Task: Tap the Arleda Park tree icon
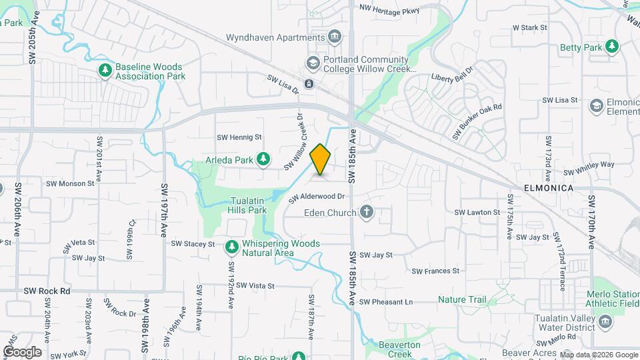pyautogui.click(x=264, y=159)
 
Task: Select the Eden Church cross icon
pyautogui.click(x=365, y=213)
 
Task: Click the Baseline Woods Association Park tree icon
pyautogui.click(x=104, y=71)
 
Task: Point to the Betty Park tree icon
pyautogui.click(x=611, y=47)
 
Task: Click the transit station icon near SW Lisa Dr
pyautogui.click(x=309, y=84)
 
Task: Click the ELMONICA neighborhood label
pyautogui.click(x=548, y=189)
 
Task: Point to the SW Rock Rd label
pyautogui.click(x=47, y=291)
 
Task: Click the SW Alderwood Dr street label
pyautogui.click(x=317, y=197)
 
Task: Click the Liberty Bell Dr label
pyautogui.click(x=452, y=74)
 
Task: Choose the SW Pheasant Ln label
pyautogui.click(x=386, y=302)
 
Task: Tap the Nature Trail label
pyautogui.click(x=462, y=300)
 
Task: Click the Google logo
pyautogui.click(x=22, y=351)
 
